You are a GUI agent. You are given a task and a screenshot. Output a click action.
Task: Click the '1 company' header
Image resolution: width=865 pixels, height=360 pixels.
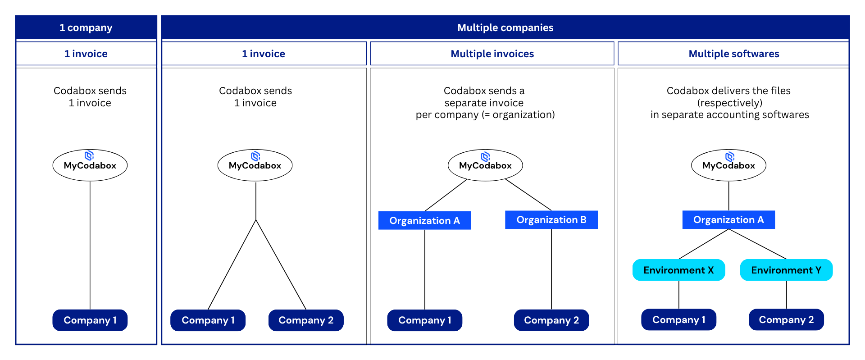tap(86, 27)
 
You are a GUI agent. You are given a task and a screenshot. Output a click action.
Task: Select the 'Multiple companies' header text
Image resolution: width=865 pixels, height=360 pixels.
tap(505, 27)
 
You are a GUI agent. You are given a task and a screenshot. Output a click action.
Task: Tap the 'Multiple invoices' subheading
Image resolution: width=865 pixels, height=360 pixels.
tap(492, 54)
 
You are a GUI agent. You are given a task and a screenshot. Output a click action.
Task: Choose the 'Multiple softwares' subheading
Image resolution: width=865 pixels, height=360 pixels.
tap(733, 54)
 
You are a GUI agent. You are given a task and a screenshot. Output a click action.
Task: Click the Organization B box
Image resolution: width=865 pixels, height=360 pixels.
tap(551, 220)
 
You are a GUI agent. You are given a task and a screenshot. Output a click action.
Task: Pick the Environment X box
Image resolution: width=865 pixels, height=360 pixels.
tap(678, 270)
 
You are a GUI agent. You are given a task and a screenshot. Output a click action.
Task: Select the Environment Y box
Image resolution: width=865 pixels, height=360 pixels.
tap(786, 270)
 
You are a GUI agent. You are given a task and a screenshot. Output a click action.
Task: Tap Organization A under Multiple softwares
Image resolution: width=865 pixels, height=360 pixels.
tap(728, 220)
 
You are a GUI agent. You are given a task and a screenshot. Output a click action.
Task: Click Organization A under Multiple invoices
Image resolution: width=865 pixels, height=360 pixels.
tap(424, 220)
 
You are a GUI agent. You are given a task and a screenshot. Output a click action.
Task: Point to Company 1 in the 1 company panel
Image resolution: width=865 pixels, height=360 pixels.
tap(90, 320)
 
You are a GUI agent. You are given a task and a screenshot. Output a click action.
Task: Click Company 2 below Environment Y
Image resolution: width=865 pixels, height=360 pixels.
tap(786, 320)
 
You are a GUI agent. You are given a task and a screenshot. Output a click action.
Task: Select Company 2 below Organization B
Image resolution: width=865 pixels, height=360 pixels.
tap(551, 320)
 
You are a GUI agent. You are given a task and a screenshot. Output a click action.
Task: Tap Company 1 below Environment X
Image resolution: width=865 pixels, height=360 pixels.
tap(678, 320)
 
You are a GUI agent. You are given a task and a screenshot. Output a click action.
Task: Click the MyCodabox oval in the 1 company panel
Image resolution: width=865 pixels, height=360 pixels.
tap(90, 165)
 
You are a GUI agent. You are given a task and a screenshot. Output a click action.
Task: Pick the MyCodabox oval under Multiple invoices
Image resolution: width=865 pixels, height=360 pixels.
tap(485, 165)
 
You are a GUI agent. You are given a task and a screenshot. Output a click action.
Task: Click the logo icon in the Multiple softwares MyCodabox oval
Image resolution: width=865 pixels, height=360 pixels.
tap(730, 156)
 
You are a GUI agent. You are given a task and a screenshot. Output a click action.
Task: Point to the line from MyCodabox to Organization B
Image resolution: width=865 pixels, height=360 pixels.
tap(528, 195)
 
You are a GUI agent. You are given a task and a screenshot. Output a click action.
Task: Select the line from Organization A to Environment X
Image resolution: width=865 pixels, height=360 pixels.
tap(703, 244)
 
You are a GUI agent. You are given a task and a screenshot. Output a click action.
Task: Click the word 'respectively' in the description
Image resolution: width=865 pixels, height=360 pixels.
tap(730, 103)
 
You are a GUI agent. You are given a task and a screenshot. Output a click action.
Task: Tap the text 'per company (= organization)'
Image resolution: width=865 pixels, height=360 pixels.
tap(485, 115)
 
